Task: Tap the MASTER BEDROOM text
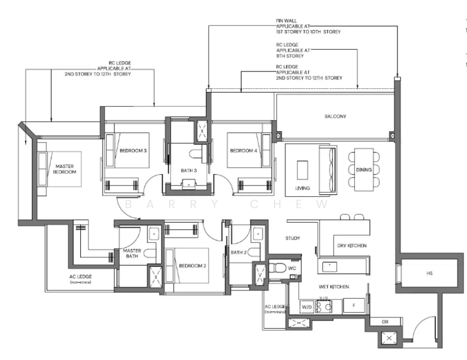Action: pyautogui.click(x=65, y=169)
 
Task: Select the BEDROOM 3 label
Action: pyautogui.click(x=133, y=150)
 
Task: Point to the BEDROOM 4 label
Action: pyautogui.click(x=243, y=150)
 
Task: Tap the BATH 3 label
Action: pyautogui.click(x=189, y=171)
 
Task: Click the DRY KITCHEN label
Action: pyautogui.click(x=352, y=246)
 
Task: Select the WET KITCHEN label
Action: pyautogui.click(x=334, y=287)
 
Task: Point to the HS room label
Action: pyautogui.click(x=429, y=273)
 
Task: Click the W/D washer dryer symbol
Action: pyautogui.click(x=306, y=307)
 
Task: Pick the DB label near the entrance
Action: pyautogui.click(x=385, y=322)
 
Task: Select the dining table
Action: pyautogui.click(x=364, y=169)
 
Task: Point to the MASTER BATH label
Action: pyautogui.click(x=131, y=254)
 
